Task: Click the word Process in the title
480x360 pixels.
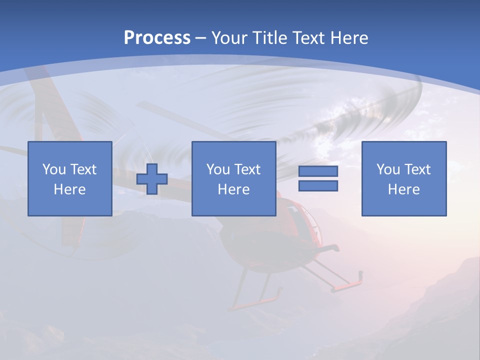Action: pyautogui.click(x=157, y=38)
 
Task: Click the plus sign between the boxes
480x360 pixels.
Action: pyautogui.click(x=152, y=179)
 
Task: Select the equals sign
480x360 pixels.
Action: pyautogui.click(x=318, y=178)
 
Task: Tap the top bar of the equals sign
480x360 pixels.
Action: pyautogui.click(x=318, y=171)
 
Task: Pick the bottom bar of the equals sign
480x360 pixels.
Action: pyautogui.click(x=318, y=186)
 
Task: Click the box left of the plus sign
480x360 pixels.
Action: pyautogui.click(x=69, y=178)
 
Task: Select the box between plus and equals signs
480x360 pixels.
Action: pyautogui.click(x=233, y=178)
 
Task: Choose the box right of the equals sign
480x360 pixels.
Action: pyautogui.click(x=404, y=178)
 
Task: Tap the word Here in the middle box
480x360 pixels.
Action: pyautogui.click(x=233, y=189)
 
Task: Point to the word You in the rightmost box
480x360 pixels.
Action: pyautogui.click(x=388, y=169)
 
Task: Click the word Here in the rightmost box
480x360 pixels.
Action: pyautogui.click(x=404, y=189)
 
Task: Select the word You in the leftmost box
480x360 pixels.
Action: pyautogui.click(x=54, y=169)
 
